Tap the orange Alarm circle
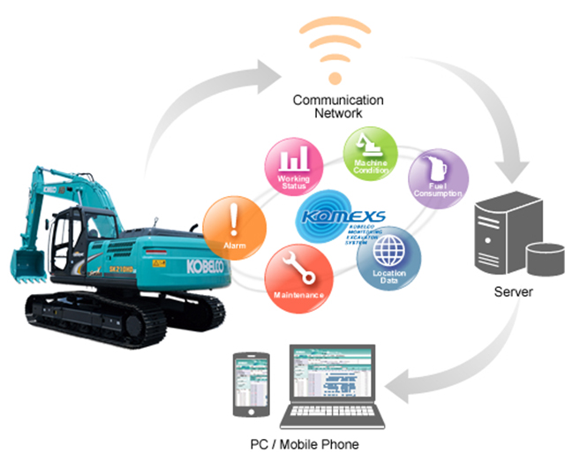(x=233, y=227)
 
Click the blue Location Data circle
(x=389, y=257)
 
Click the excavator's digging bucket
(x=27, y=265)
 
